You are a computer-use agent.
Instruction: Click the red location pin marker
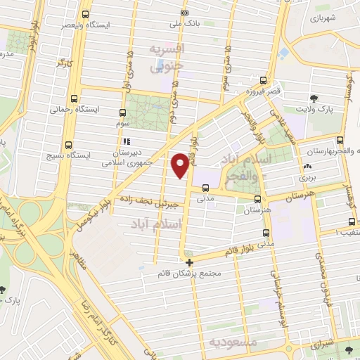180,165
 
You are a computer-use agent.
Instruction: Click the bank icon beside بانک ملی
184,13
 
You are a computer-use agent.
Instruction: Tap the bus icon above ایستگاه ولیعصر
86,14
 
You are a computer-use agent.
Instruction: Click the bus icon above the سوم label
123,112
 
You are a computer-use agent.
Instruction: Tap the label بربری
308,178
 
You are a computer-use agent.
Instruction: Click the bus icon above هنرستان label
257,199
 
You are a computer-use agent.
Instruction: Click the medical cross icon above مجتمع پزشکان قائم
189,262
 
